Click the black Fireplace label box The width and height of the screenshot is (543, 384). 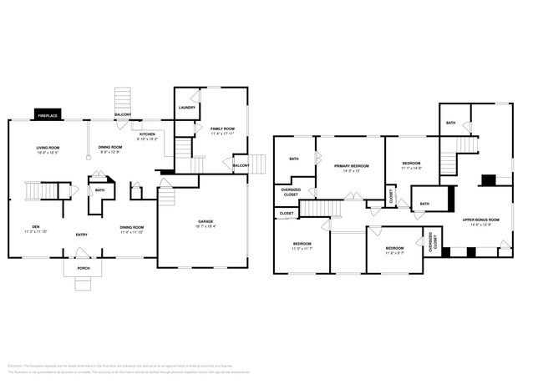[x=47, y=114]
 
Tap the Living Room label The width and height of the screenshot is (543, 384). [x=47, y=149]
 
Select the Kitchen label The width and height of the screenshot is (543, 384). [x=147, y=135]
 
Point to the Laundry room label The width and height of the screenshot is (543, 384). [x=186, y=108]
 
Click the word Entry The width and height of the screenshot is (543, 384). [x=82, y=235]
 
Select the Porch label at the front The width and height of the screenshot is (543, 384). [x=84, y=268]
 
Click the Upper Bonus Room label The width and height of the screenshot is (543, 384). [x=481, y=220]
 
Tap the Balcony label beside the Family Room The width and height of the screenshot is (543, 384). [x=241, y=165]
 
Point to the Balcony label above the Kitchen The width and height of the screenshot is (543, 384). [x=123, y=114]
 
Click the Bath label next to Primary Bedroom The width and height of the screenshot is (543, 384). [x=294, y=159]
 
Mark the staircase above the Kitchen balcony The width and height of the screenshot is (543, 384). [x=124, y=96]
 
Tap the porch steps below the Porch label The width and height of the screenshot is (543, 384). [x=84, y=284]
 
